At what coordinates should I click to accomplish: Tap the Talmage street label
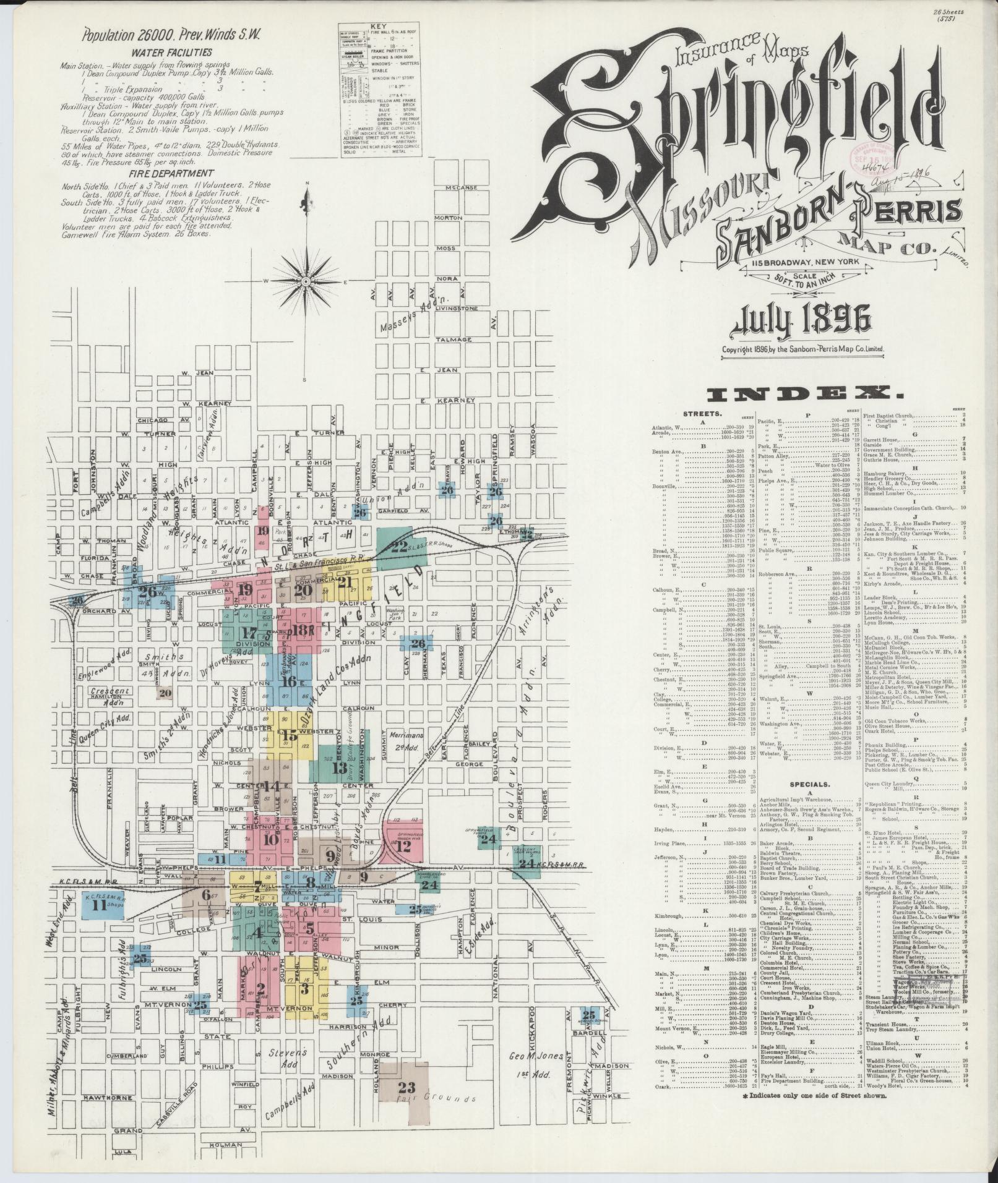450,340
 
